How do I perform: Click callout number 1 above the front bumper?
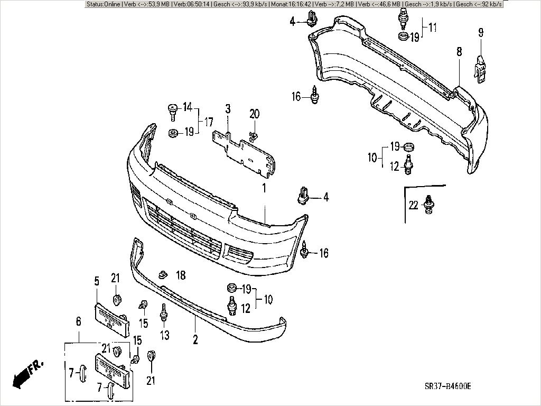264,188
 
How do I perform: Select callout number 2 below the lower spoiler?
195,339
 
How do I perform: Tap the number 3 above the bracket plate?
228,109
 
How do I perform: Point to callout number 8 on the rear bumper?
459,52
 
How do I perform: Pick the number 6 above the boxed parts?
79,321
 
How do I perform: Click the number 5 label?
97,281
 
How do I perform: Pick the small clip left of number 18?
163,274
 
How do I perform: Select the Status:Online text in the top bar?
104,4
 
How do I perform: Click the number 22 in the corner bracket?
413,205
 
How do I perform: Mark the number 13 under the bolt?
165,335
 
